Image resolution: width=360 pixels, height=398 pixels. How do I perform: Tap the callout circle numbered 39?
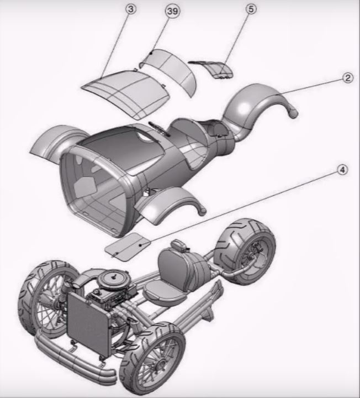pos(173,12)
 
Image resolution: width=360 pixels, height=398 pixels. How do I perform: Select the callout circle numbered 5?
pos(251,9)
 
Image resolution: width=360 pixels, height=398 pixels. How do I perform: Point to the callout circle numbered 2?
pos(347,77)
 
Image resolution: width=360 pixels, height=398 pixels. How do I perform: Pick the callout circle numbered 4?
pos(343,170)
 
